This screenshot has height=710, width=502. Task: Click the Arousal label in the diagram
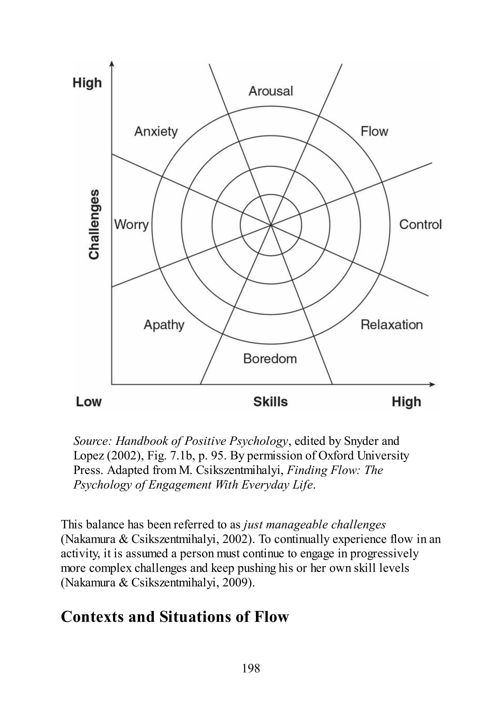271,91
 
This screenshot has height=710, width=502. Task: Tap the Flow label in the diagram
374,131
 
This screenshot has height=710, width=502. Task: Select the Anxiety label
156,132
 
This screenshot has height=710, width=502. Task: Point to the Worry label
131,225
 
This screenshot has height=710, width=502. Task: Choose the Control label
420,225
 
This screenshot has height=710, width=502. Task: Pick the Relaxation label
391,325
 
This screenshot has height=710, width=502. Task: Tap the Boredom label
270,359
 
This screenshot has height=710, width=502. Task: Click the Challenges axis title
94,224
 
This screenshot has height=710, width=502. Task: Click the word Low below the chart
89,402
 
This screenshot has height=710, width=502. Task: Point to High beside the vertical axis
87,83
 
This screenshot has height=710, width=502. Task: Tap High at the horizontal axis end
406,402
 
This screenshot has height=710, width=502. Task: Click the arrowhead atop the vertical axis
112,63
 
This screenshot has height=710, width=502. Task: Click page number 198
251,668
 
